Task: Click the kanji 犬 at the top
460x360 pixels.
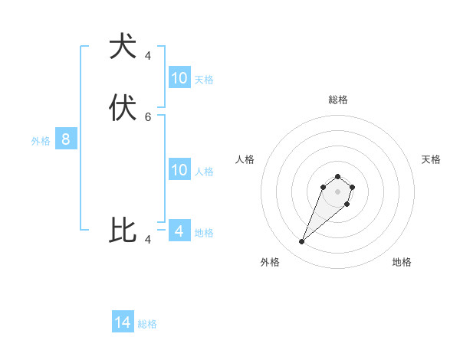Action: coord(123,47)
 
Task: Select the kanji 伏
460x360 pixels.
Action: coord(123,108)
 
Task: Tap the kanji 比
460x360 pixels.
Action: coord(123,231)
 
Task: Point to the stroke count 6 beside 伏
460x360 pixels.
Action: coord(148,117)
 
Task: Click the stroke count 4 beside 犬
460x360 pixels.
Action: coord(148,56)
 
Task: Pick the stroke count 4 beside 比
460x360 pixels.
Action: coord(148,240)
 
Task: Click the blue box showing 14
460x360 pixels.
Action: coord(123,322)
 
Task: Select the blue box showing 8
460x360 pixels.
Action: coord(66,139)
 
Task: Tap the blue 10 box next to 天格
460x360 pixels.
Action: coord(179,77)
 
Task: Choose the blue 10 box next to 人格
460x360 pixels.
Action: coord(179,170)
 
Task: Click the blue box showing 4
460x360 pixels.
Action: coord(179,231)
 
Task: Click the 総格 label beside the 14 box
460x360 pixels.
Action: coord(147,324)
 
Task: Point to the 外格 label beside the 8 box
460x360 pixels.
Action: coord(41,141)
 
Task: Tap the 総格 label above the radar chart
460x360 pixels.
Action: coord(338,100)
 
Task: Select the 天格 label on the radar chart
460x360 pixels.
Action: coord(432,159)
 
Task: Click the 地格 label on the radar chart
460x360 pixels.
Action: coord(402,262)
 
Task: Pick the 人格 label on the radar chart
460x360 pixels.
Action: coord(245,159)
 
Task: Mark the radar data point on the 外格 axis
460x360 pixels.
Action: coord(302,242)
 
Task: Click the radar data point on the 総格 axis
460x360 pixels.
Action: coord(337,177)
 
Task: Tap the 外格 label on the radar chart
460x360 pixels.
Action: coord(270,262)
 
